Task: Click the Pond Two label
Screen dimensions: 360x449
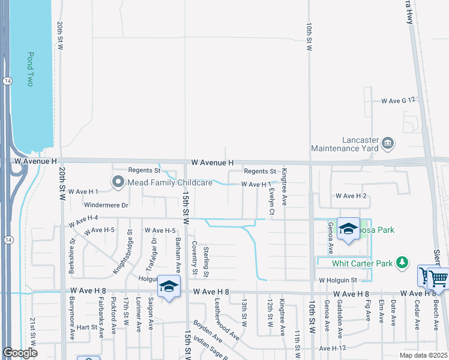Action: [30, 69]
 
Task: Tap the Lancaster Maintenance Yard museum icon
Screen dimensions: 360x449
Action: [388, 143]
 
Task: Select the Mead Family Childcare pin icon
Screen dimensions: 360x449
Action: [118, 181]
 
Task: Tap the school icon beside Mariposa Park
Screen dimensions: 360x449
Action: [348, 229]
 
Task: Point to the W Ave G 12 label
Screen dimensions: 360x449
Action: [399, 101]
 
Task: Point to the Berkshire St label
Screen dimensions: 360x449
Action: [71, 257]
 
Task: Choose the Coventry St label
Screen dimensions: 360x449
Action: [194, 258]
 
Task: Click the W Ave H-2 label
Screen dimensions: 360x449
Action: [351, 196]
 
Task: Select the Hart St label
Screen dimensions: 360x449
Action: [86, 328]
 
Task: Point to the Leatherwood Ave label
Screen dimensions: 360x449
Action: [227, 320]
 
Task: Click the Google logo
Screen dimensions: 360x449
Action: [20, 353]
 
